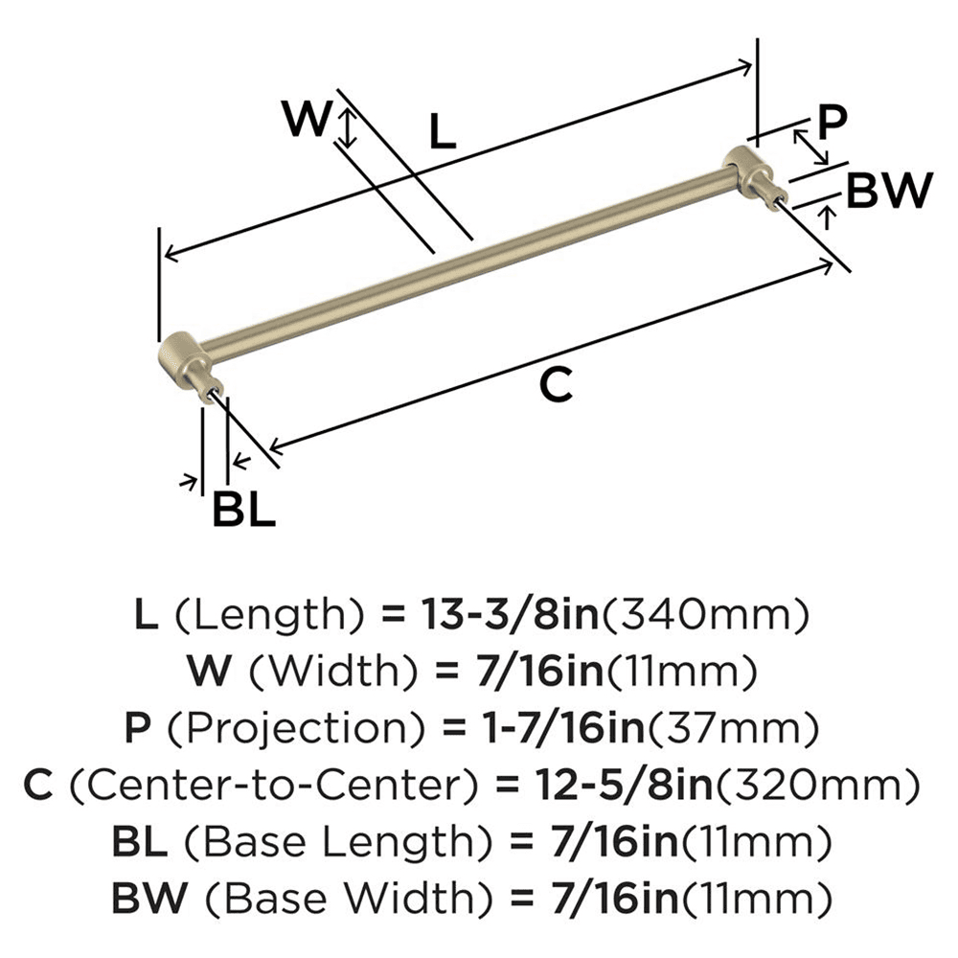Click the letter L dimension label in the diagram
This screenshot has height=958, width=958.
click(x=441, y=132)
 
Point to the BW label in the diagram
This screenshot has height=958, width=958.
click(x=890, y=191)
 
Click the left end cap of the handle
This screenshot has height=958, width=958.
click(x=179, y=356)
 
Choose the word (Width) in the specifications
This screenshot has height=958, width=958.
click(x=309, y=672)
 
